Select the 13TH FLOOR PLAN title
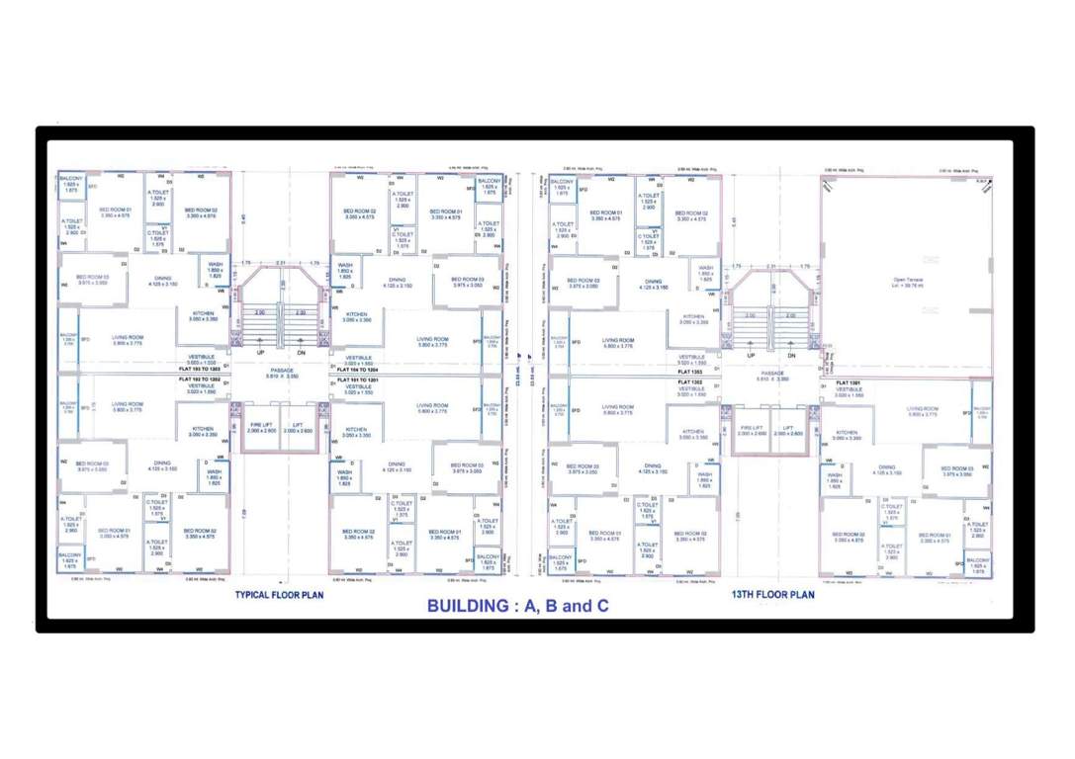click(x=773, y=595)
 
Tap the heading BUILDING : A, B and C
click(x=517, y=606)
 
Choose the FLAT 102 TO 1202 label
click(x=202, y=379)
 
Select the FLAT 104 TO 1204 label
click(x=357, y=368)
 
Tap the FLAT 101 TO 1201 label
click(x=357, y=379)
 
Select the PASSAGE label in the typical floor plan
click(x=281, y=371)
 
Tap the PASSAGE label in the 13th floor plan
click(x=772, y=372)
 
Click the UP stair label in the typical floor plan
click(x=261, y=353)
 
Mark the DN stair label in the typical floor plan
click(x=300, y=353)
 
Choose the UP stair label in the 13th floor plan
click(x=753, y=354)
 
